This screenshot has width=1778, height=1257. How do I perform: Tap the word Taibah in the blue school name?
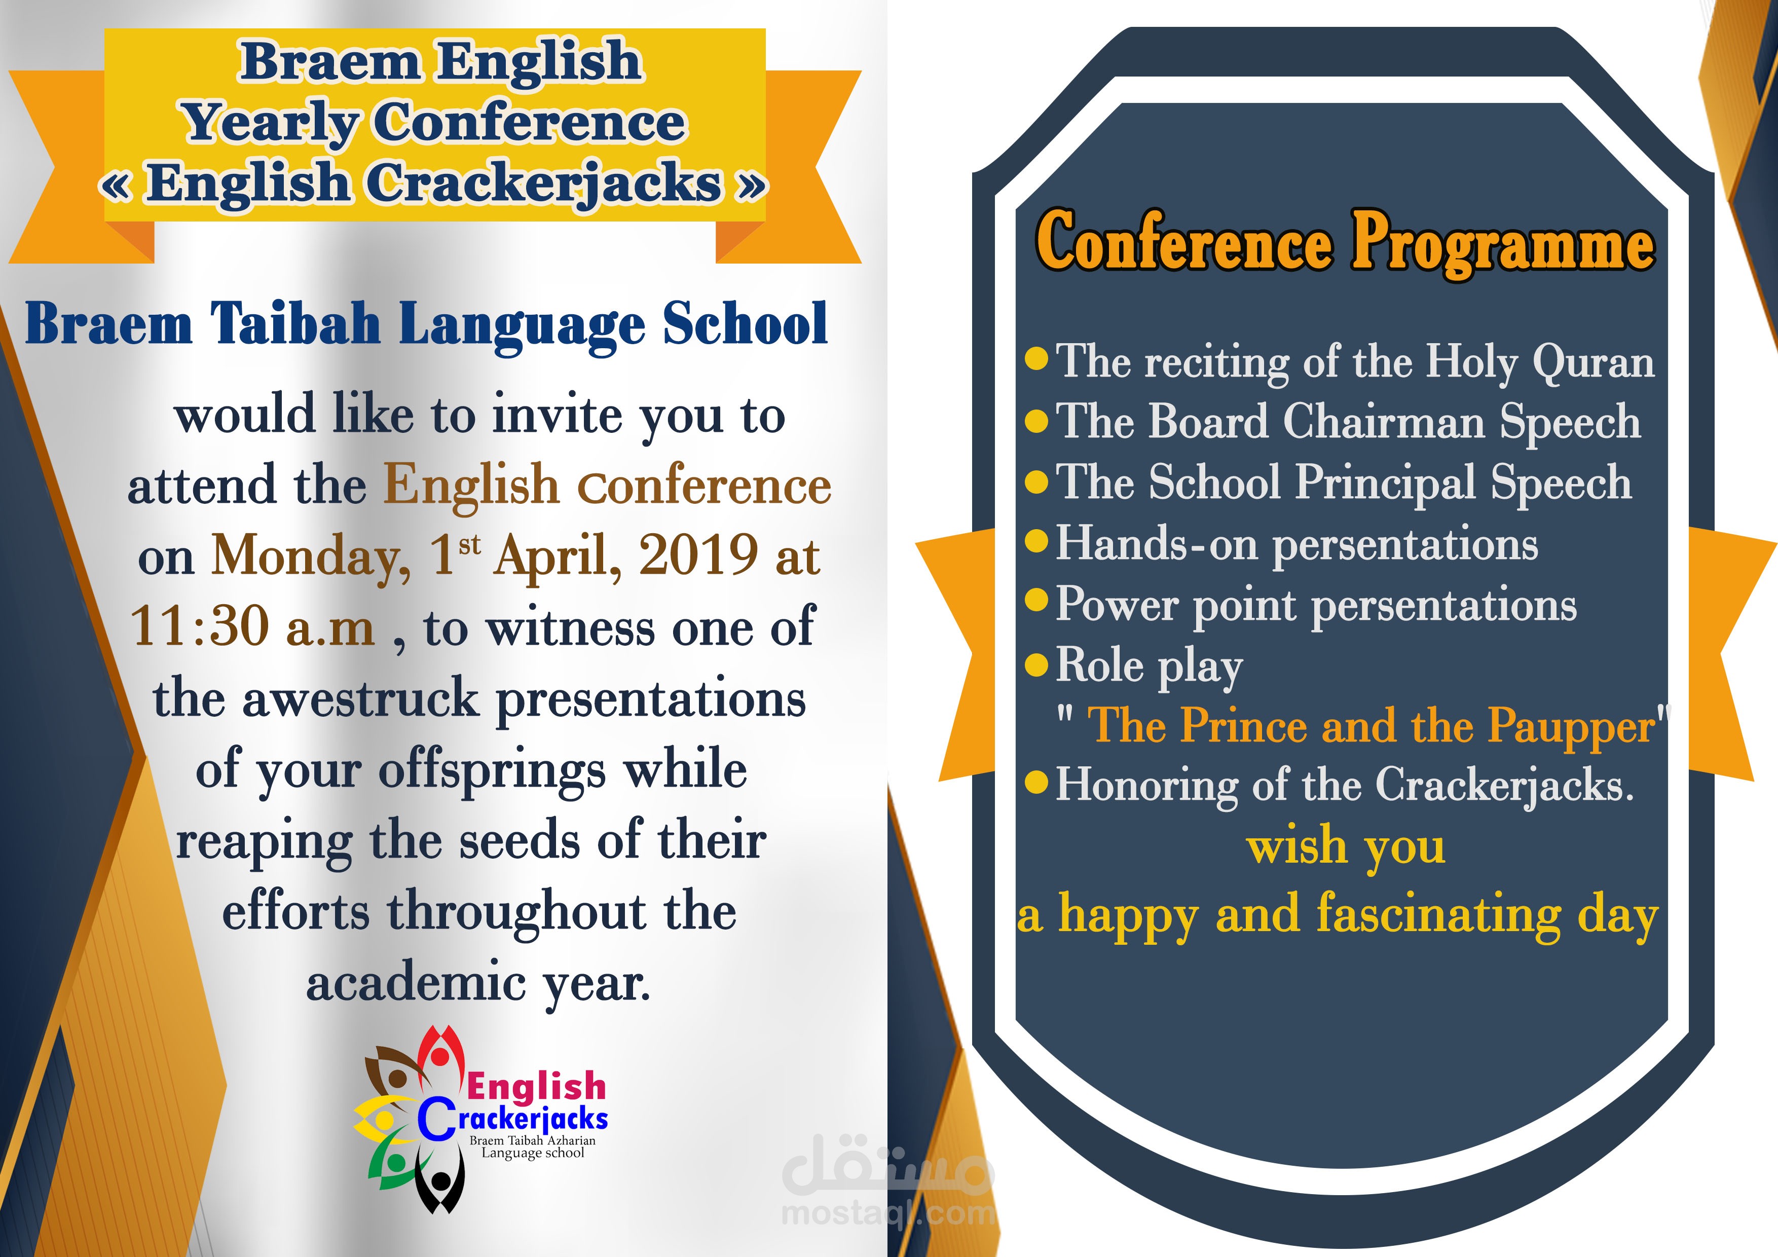click(296, 324)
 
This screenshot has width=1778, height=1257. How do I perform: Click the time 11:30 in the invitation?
click(200, 626)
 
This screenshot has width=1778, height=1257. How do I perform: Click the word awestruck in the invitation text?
click(361, 697)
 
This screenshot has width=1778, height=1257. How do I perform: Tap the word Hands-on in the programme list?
click(1158, 543)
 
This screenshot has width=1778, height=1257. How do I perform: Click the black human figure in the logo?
click(440, 1180)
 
